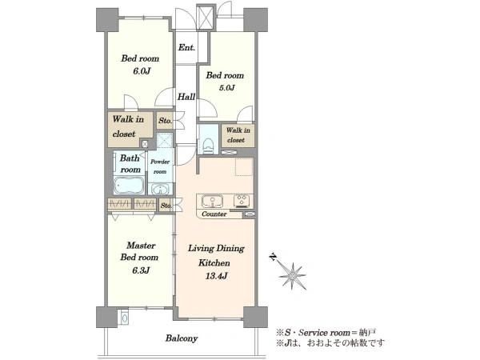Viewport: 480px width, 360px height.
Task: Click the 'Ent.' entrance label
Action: [186, 47]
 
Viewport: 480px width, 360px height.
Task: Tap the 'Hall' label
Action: [186, 97]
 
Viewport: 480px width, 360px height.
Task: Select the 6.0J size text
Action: [141, 71]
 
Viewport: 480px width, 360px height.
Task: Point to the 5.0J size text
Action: [226, 88]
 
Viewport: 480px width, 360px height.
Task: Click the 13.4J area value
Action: [216, 276]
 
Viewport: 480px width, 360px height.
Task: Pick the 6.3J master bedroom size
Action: [141, 270]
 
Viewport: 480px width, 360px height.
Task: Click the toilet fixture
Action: [208, 146]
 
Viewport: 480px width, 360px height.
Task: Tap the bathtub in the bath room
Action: [129, 186]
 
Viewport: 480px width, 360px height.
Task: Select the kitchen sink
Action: [212, 202]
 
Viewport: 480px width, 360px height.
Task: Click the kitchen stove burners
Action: [242, 201]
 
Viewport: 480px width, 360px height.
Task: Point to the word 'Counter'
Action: [214, 214]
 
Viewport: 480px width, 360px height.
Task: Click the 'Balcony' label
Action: [182, 338]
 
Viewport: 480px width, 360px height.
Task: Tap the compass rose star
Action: [293, 276]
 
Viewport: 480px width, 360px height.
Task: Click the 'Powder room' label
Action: [160, 166]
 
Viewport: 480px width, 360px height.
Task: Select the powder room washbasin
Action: [161, 190]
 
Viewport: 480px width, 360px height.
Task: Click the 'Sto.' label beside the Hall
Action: [166, 121]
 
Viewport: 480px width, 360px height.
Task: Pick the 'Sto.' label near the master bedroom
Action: [166, 206]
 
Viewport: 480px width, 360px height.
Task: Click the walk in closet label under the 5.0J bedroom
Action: [238, 135]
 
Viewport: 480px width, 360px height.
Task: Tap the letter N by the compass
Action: [273, 257]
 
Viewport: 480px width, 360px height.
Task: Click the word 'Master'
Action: [141, 246]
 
